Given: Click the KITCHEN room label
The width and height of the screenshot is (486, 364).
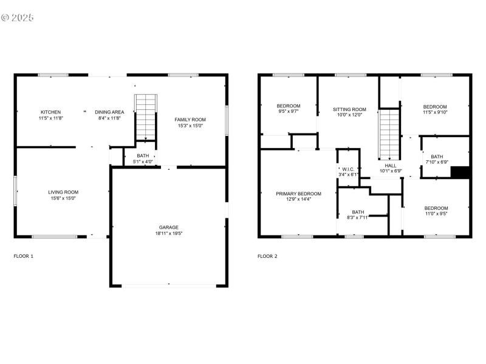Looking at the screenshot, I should click(50, 112).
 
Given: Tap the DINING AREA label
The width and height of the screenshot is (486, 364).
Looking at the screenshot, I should click(109, 112).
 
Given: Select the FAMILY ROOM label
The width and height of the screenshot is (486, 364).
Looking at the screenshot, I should click(190, 120).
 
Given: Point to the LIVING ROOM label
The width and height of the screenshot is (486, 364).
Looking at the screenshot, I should click(63, 192).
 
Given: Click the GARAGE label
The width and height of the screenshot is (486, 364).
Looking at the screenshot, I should click(169, 227).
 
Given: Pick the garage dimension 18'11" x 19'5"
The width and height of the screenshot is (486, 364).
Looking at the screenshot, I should click(169, 234).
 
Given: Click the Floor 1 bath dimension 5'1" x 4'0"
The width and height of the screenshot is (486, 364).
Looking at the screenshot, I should click(143, 162).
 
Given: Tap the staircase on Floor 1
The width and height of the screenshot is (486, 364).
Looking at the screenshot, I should click(146, 117).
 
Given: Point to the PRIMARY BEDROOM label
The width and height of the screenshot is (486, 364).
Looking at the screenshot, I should click(298, 194).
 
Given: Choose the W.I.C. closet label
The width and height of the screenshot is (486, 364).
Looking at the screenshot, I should click(348, 169).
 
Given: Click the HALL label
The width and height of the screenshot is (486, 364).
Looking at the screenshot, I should click(391, 165).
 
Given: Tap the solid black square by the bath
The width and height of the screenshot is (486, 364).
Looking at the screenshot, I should click(461, 172).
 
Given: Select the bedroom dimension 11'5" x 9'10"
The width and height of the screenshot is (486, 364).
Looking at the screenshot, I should click(435, 112).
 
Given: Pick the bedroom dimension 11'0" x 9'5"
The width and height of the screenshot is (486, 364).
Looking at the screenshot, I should click(436, 213).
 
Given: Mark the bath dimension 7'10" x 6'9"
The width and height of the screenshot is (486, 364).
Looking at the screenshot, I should click(437, 162).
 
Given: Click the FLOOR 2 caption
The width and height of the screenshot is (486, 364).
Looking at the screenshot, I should click(267, 256).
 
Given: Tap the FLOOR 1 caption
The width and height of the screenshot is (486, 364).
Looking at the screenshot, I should click(24, 256).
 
